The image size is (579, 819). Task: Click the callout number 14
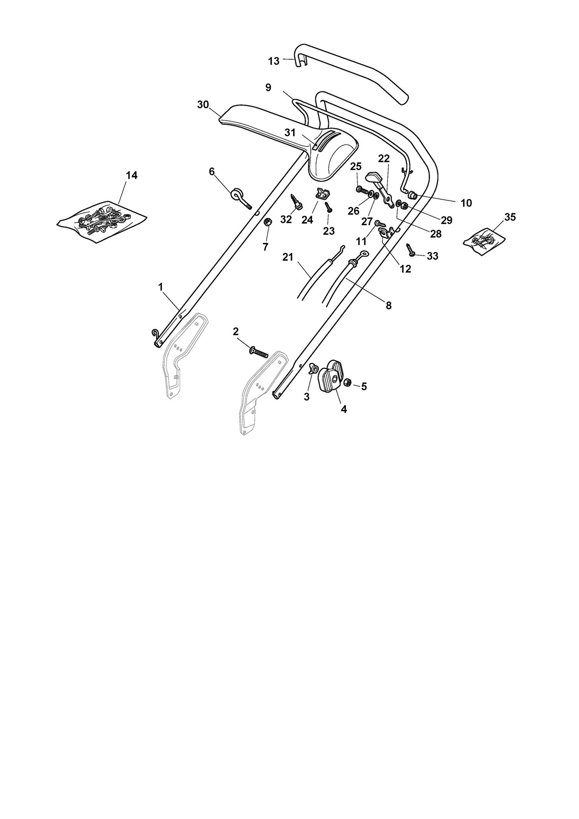(132, 175)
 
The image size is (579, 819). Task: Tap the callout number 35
(510, 217)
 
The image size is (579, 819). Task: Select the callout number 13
(274, 61)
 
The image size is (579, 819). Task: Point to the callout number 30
(203, 104)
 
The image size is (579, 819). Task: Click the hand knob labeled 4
(331, 377)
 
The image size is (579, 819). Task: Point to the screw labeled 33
(411, 249)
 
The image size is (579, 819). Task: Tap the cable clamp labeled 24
(320, 193)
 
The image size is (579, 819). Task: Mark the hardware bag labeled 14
(102, 222)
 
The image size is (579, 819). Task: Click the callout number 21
(288, 257)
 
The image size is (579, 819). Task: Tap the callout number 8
(388, 305)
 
